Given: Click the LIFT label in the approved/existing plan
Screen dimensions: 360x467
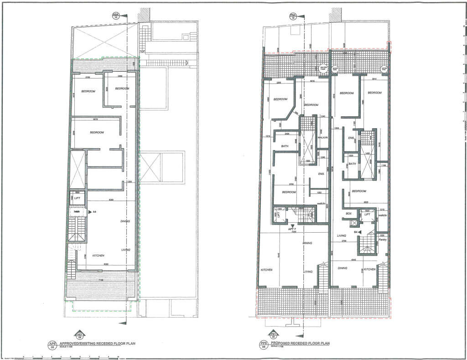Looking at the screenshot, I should [x=78, y=199].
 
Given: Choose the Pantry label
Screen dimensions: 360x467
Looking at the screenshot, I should [x=383, y=240].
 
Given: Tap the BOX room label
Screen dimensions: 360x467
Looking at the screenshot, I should [x=349, y=214].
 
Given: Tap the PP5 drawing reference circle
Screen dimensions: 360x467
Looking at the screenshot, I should [x=263, y=345].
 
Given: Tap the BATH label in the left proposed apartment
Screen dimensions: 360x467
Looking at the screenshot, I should [x=285, y=146].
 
